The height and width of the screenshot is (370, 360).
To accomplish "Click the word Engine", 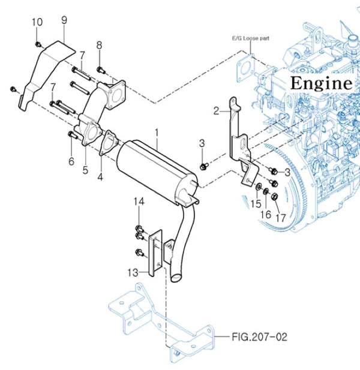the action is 321,83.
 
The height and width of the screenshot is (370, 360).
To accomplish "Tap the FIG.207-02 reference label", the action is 259,337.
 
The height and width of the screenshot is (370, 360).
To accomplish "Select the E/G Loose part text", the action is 250,38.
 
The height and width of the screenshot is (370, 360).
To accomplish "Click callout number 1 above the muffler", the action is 157,134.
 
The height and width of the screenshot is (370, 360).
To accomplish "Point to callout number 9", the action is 64,20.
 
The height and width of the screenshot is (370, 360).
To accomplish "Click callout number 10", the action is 37,22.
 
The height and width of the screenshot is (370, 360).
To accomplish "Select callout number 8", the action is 99,45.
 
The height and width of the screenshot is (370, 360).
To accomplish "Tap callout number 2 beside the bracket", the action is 216,111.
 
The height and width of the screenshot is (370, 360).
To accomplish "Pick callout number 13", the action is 133,272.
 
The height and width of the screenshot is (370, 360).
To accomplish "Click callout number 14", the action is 139,201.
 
